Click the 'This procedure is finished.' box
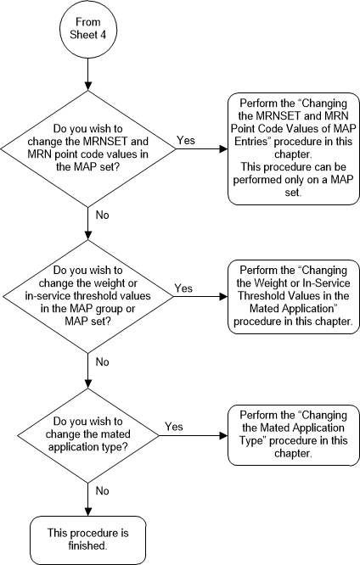click(88, 536)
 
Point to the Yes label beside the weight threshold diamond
click(183, 288)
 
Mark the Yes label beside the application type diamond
click(174, 427)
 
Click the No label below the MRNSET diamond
click(101, 215)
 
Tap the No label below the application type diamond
click(101, 489)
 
